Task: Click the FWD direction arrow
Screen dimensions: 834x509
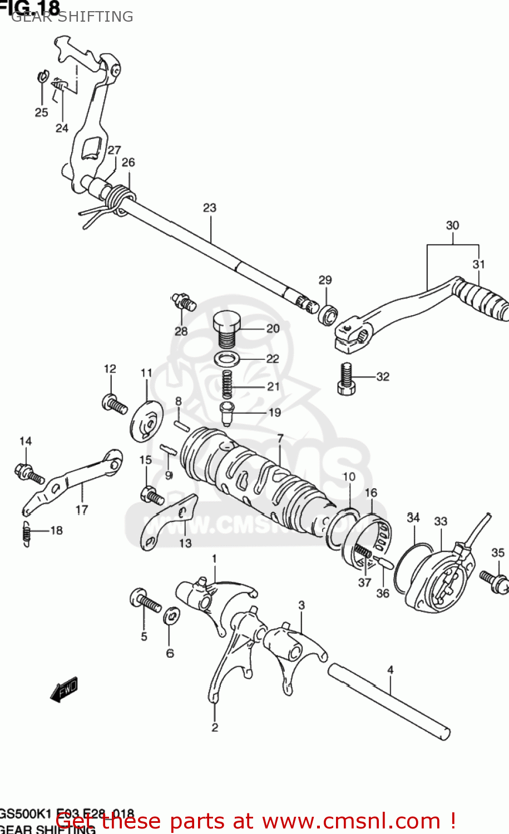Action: point(64,689)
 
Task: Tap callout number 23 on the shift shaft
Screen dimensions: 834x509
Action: point(209,208)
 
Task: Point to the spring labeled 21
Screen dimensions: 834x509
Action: point(227,384)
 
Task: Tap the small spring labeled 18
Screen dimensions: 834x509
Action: point(26,534)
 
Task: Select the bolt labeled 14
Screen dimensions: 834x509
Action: point(28,474)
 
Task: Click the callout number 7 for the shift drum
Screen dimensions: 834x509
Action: point(280,439)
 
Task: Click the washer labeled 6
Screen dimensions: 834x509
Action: point(171,615)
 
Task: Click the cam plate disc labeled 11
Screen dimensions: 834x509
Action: point(147,420)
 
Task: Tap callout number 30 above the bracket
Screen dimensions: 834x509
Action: point(452,225)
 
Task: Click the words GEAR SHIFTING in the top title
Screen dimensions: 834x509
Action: point(72,17)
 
